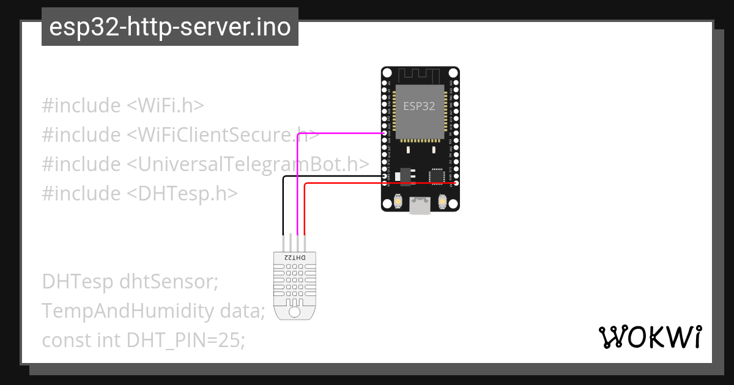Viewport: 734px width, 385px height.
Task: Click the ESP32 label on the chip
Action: click(x=419, y=106)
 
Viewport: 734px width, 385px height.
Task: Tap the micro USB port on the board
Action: click(x=420, y=205)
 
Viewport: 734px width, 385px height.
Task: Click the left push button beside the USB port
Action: click(x=398, y=201)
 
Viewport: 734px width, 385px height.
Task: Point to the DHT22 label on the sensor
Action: click(x=295, y=258)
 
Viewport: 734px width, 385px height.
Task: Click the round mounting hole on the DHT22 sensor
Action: click(x=295, y=312)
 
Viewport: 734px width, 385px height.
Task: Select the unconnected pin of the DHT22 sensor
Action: click(x=290, y=243)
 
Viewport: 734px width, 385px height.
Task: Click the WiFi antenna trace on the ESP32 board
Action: click(x=420, y=75)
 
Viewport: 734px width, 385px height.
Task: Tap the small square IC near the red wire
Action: click(x=437, y=176)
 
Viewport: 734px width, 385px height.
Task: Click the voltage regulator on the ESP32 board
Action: click(x=404, y=175)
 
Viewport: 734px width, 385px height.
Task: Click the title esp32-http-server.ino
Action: click(x=169, y=28)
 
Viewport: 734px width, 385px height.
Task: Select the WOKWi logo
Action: click(x=650, y=337)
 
